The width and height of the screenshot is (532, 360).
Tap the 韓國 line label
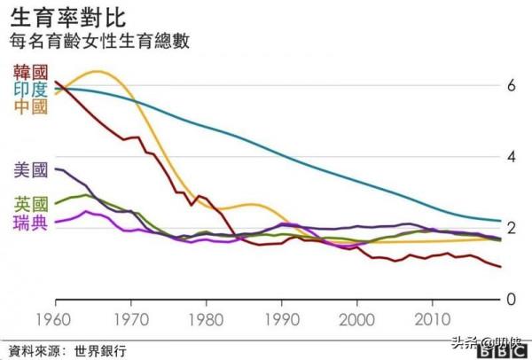click(x=29, y=72)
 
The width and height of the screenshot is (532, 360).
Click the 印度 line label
click(x=29, y=90)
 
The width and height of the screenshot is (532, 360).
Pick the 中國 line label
click(x=29, y=106)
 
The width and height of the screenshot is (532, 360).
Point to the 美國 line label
click(x=29, y=168)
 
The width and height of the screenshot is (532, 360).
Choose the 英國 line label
click(x=29, y=203)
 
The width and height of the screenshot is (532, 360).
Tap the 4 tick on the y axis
click(x=510, y=157)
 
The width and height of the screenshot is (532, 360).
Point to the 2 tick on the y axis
click(x=510, y=228)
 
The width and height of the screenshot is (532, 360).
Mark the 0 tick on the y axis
click(x=510, y=299)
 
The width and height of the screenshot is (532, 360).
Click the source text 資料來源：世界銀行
click(x=66, y=349)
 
